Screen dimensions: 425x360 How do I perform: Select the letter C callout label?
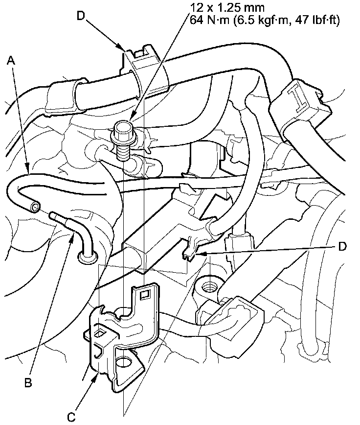(72, 417)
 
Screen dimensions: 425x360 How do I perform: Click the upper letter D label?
(82, 16)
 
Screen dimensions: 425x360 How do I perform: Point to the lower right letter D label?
(342, 246)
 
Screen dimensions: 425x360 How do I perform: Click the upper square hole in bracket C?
(145, 295)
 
